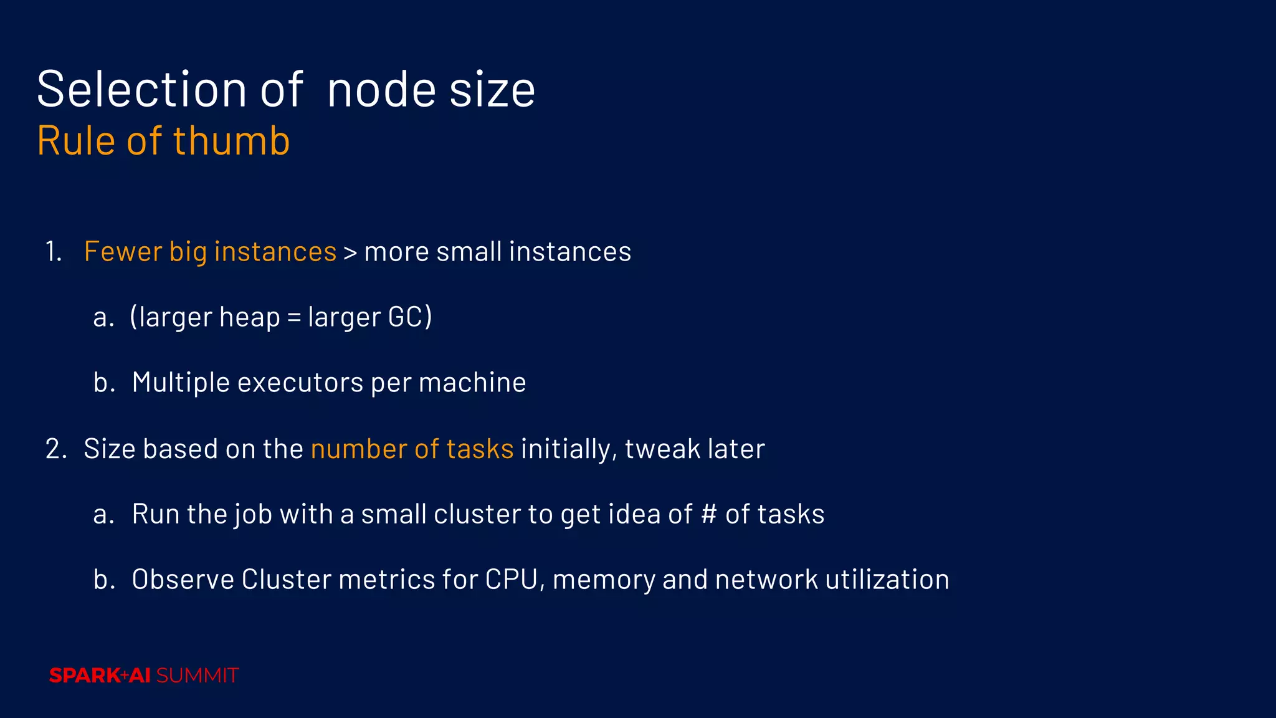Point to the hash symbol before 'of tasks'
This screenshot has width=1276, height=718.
[708, 515]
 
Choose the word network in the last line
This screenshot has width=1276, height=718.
[766, 580]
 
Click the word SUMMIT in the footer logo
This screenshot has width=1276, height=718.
[198, 676]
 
